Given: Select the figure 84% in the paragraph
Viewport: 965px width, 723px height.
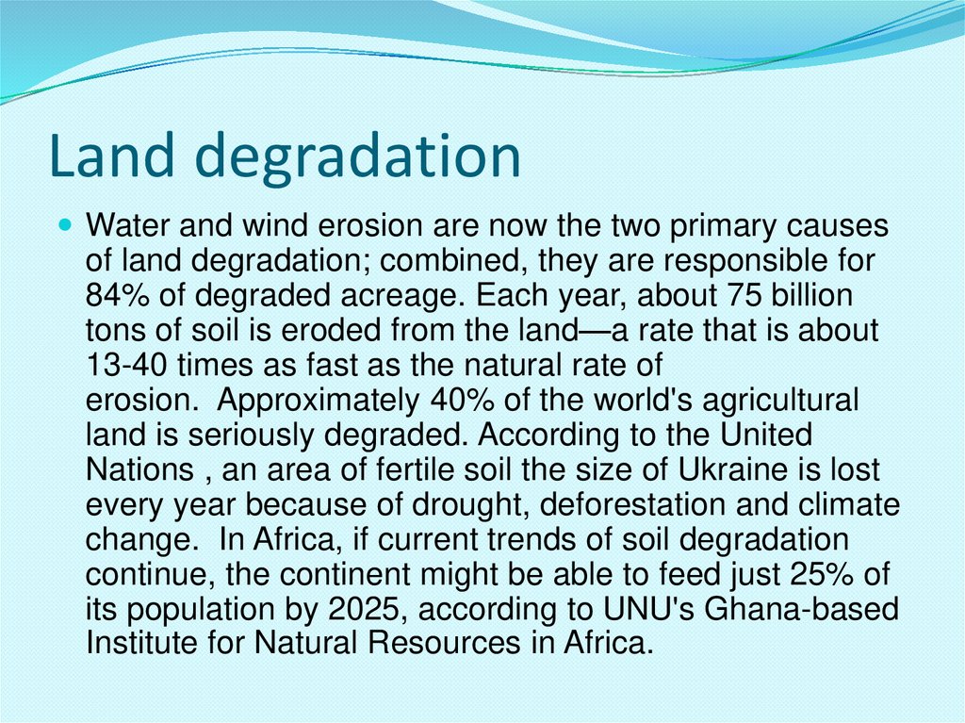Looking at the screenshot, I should [x=114, y=295].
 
